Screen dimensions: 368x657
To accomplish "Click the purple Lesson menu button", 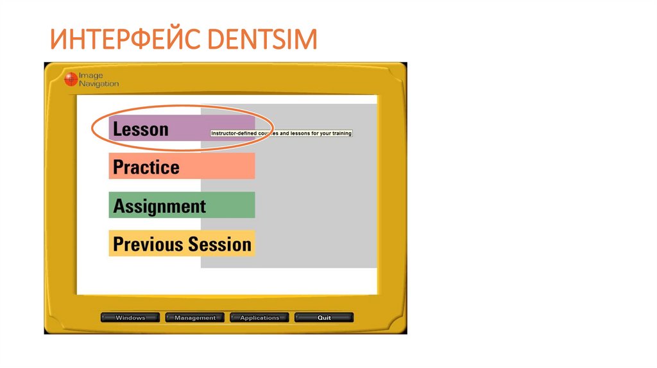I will [182, 129].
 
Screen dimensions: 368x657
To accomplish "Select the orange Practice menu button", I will [182, 167].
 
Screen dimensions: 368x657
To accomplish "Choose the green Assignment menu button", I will [182, 205].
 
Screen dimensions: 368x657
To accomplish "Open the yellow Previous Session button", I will [182, 244].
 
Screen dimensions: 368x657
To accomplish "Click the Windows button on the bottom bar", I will [130, 317].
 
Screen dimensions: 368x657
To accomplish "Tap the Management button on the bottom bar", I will [195, 317].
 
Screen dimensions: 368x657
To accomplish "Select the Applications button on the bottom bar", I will [260, 317].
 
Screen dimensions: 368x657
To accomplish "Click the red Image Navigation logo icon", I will [71, 79].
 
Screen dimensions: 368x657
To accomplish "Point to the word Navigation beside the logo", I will [98, 84].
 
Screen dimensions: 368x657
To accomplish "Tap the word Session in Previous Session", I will [219, 244].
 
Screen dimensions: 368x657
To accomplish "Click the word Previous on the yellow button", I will [148, 244].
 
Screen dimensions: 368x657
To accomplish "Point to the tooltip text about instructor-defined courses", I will [282, 133].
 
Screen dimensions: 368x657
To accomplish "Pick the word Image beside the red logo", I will [91, 76].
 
